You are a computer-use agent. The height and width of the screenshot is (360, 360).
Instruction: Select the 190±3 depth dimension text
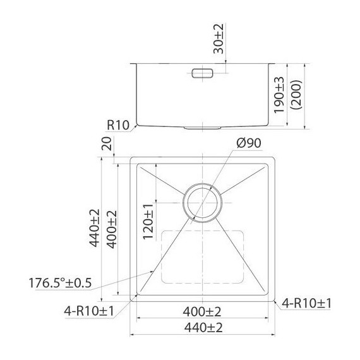(280, 95)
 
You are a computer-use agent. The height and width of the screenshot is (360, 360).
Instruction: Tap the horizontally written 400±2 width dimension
(203, 311)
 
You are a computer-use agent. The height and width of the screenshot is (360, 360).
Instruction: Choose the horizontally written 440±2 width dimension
(203, 327)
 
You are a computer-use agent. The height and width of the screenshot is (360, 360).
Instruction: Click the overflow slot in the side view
(202, 73)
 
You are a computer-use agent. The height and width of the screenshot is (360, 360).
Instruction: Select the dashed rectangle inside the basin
(202, 256)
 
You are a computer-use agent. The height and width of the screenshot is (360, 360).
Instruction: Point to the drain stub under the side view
(202, 127)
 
